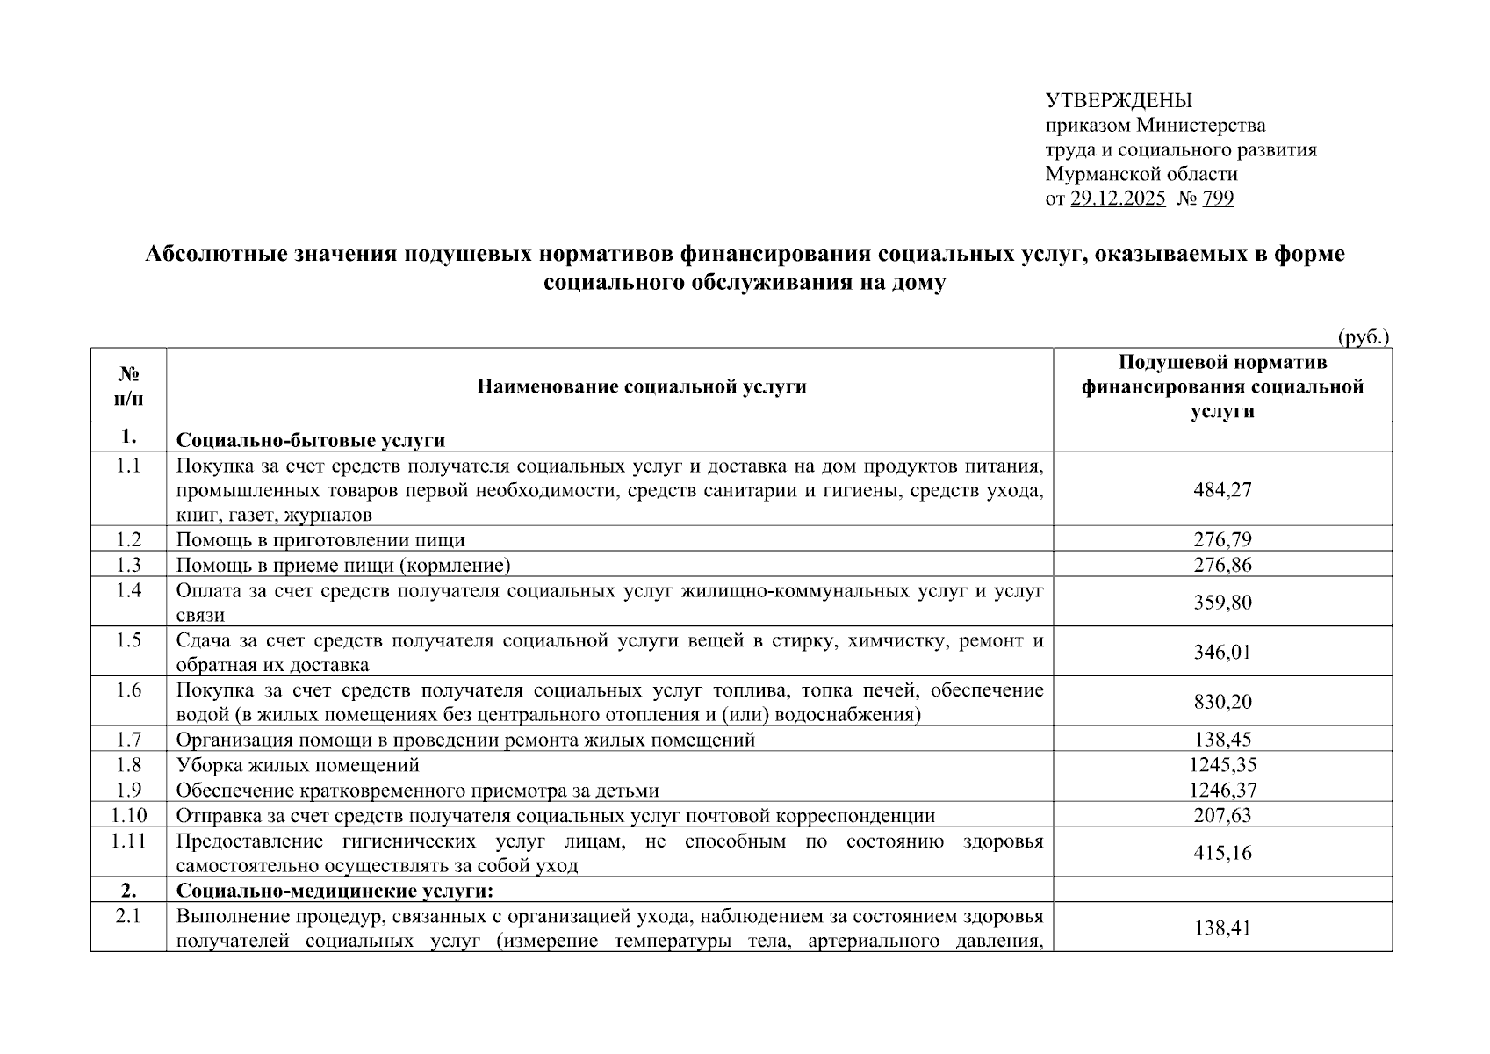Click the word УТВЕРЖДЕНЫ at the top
(1119, 100)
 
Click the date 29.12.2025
(1118, 199)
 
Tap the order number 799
(1218, 199)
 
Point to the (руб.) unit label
(1363, 337)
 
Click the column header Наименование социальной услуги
(641, 386)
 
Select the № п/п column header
(128, 386)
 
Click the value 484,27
(1222, 489)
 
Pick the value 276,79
(1222, 539)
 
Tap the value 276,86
(1222, 564)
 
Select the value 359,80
(1222, 603)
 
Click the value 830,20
(1222, 702)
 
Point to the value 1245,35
(1222, 764)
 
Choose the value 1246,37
(1222, 790)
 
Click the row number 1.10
(128, 815)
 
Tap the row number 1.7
(128, 740)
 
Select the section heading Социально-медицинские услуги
(335, 891)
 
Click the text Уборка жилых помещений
(298, 764)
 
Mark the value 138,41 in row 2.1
(1222, 928)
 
